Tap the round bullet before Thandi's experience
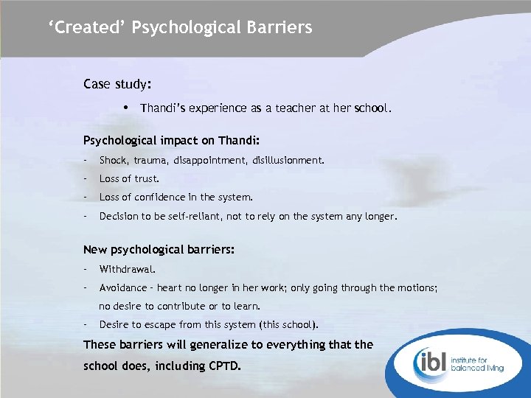point(128,108)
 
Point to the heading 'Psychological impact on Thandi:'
point(171,140)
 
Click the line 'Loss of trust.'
point(129,178)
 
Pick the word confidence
point(162,198)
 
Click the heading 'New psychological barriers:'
point(159,250)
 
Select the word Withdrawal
point(127,270)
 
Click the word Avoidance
point(124,288)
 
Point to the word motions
point(417,288)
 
